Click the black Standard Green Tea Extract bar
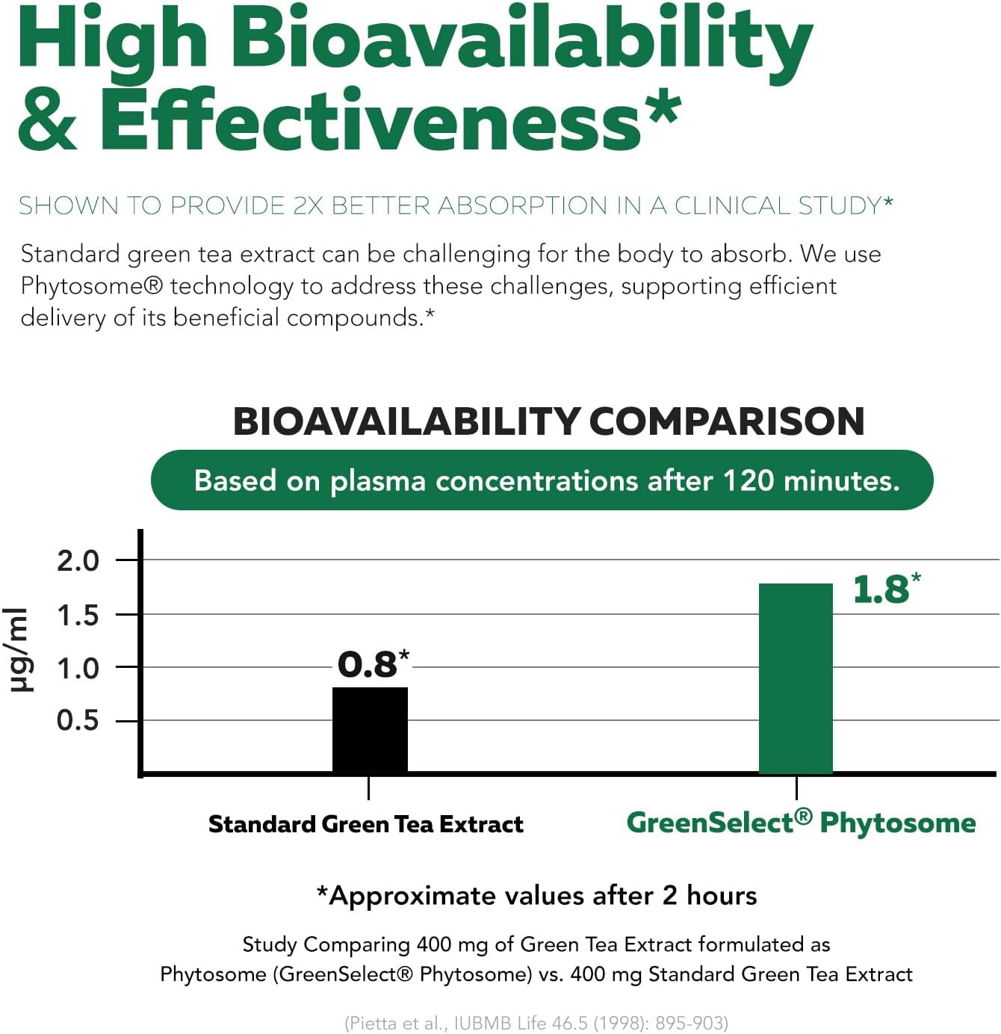click(x=370, y=729)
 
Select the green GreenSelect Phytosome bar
click(x=796, y=678)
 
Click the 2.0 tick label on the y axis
click(x=78, y=560)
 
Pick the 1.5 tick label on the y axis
click(x=78, y=616)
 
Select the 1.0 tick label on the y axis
click(x=78, y=668)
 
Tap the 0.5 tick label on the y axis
click(x=78, y=720)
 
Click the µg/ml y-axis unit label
click(x=20, y=650)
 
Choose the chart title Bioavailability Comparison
click(x=548, y=421)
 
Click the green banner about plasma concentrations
click(x=542, y=480)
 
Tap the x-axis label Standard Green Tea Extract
click(x=365, y=824)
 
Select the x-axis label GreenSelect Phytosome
click(x=801, y=823)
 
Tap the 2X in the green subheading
click(x=307, y=205)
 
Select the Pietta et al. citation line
click(x=536, y=1023)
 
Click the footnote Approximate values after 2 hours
click(x=536, y=895)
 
